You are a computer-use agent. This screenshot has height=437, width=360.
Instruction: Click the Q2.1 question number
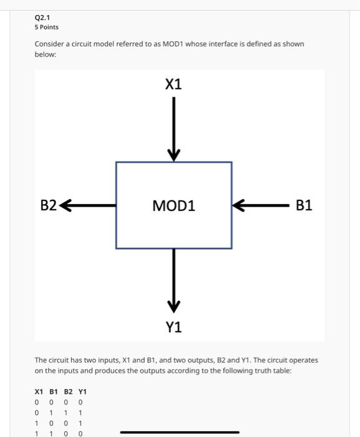(x=42, y=17)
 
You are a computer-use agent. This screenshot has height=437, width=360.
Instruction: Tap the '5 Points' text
(x=47, y=27)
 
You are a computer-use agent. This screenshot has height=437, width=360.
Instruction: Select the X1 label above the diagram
(x=173, y=84)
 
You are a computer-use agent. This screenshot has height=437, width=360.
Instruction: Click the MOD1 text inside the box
(x=174, y=205)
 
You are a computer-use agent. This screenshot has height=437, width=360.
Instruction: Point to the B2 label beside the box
(x=49, y=205)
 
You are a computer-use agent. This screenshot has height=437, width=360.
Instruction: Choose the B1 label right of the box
(x=304, y=205)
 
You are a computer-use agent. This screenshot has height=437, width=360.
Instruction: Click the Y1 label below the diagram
(x=174, y=327)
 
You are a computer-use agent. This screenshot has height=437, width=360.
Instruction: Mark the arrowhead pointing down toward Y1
(x=174, y=306)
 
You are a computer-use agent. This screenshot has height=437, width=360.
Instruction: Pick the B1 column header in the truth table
(x=54, y=391)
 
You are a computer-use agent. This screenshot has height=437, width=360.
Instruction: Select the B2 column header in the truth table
(x=68, y=391)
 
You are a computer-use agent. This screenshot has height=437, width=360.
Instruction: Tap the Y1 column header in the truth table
(x=82, y=391)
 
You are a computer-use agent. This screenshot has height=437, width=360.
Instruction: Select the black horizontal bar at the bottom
(x=179, y=432)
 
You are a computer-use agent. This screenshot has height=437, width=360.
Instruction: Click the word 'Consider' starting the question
(x=49, y=45)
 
